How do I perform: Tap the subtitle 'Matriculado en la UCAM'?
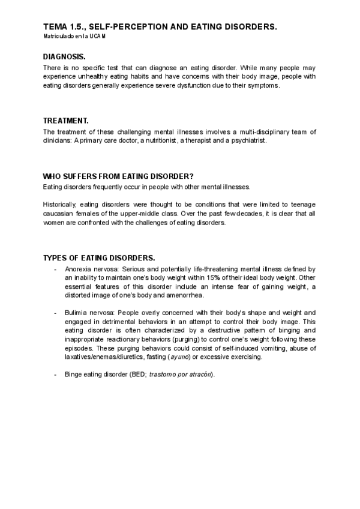tap(74, 37)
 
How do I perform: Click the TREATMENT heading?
tap(66, 121)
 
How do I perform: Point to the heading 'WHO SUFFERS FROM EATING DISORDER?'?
tap(118, 176)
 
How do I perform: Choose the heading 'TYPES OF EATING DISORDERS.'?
tap(99, 258)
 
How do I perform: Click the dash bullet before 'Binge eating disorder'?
tap(56, 375)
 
